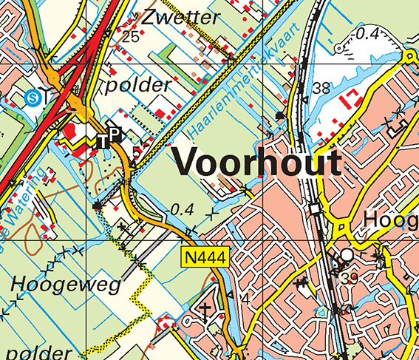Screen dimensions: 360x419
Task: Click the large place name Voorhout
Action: tap(257, 163)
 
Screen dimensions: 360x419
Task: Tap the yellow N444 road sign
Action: tap(207, 258)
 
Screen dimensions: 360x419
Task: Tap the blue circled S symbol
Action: tap(31, 96)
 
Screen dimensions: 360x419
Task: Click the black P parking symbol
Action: tap(115, 135)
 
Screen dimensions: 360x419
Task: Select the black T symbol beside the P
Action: tap(103, 140)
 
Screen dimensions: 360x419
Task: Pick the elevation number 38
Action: tap(321, 89)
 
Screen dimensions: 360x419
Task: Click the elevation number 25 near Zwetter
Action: tap(131, 36)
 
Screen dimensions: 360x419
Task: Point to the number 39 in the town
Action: tap(350, 278)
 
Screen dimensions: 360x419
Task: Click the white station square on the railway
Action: tap(316, 210)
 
